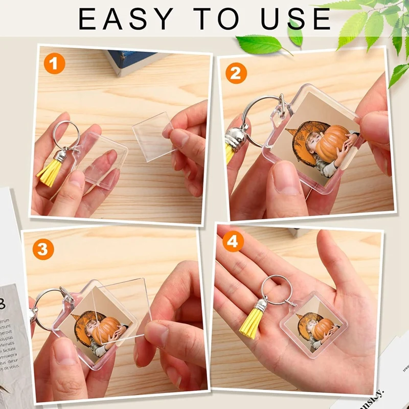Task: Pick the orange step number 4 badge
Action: pyautogui.click(x=233, y=243)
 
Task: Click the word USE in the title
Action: pyautogui.click(x=296, y=19)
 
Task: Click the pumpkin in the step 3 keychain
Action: pyautogui.click(x=105, y=329)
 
